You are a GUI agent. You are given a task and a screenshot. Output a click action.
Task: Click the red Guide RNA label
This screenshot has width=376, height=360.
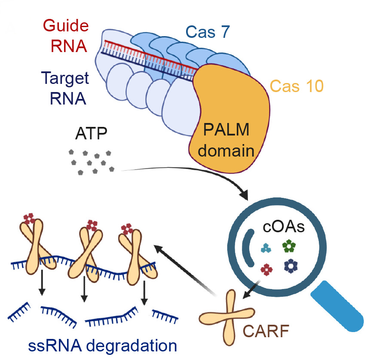pos(66,35)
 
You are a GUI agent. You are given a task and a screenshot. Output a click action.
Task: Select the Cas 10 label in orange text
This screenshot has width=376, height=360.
pos(297,86)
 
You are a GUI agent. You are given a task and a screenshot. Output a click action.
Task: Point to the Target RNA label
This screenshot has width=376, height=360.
pos(65,88)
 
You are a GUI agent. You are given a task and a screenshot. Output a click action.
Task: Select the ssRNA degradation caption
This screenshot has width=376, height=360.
pos(97,345)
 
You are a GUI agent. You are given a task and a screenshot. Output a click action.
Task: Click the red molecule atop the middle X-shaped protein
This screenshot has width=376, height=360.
pos(92,225)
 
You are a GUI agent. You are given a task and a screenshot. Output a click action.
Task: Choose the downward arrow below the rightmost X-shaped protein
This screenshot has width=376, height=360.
pos(144,292)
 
